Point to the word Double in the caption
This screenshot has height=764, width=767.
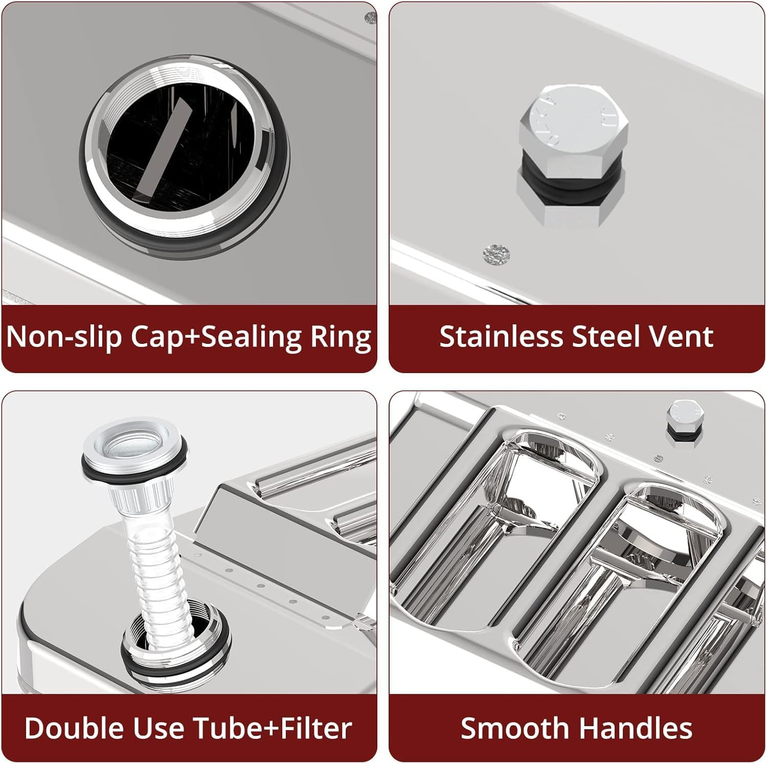(73, 728)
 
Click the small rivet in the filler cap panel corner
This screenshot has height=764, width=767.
(371, 18)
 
